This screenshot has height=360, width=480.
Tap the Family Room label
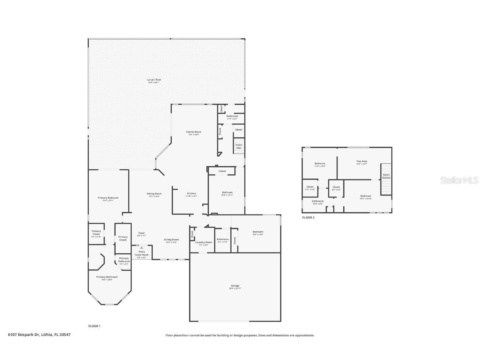click(193, 132)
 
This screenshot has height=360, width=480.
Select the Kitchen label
click(191, 194)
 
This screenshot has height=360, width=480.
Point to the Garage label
click(235, 286)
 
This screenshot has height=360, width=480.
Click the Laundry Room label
click(203, 242)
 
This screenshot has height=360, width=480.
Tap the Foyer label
click(141, 233)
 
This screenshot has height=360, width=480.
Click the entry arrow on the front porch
click(141, 247)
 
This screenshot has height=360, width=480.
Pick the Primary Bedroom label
click(108, 198)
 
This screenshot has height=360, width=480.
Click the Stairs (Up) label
click(239, 146)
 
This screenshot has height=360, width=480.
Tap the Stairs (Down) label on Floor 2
click(386, 176)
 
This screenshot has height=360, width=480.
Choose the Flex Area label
click(361, 161)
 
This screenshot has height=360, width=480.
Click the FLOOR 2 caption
click(308, 217)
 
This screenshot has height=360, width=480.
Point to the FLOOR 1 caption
click(94, 326)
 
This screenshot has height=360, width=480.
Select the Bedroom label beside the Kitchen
click(227, 192)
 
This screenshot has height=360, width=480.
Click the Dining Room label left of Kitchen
click(154, 194)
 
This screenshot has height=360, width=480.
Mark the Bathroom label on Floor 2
click(317, 201)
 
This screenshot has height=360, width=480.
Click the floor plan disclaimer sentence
click(240, 335)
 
